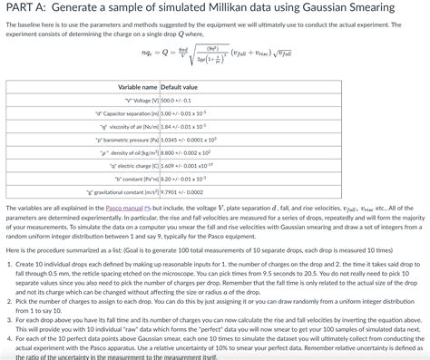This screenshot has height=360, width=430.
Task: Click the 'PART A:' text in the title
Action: tap(28, 8)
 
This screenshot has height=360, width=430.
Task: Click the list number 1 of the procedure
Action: tap(9, 263)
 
